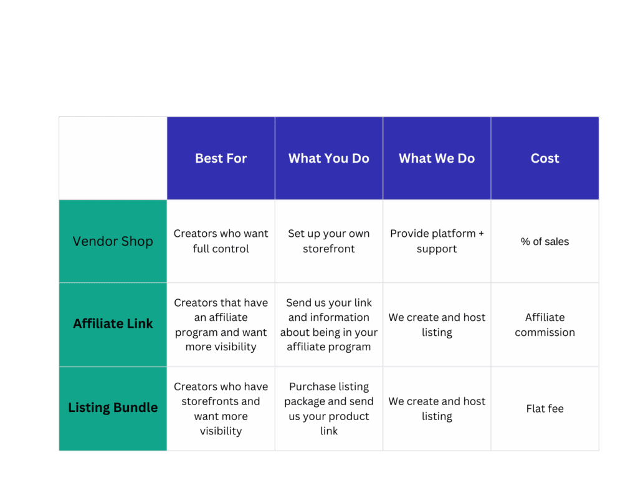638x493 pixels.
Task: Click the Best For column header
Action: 221,158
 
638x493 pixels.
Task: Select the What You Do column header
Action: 329,158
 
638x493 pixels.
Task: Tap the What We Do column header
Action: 437,158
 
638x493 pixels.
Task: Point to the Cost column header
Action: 545,158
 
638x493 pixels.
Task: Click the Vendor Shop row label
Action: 113,241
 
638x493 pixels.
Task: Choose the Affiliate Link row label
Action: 113,325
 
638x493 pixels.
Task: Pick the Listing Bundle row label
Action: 113,408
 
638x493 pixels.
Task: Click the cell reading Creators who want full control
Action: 221,241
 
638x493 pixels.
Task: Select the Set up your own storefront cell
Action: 329,241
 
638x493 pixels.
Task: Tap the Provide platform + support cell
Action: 437,241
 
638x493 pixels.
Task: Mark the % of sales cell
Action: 545,241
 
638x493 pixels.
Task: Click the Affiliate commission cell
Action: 545,325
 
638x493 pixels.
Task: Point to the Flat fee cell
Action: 545,408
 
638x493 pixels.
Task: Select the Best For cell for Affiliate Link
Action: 221,325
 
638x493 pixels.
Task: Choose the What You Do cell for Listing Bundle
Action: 329,408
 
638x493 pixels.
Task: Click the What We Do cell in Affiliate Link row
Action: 437,325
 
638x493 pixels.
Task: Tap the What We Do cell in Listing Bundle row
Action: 437,408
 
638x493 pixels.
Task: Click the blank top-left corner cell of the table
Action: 113,158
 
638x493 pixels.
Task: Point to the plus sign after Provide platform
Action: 481,234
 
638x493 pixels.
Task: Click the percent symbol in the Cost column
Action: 525,241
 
